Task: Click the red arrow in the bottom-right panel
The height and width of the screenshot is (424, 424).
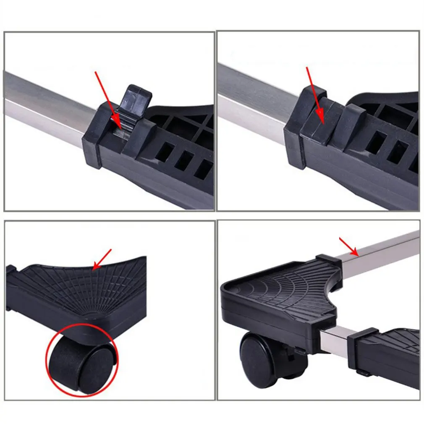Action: tap(348, 246)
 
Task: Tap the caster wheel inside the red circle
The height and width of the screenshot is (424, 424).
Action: tap(80, 361)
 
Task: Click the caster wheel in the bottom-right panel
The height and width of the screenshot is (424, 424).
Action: tap(261, 359)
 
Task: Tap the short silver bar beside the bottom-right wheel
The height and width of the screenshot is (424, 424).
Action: tap(336, 342)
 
